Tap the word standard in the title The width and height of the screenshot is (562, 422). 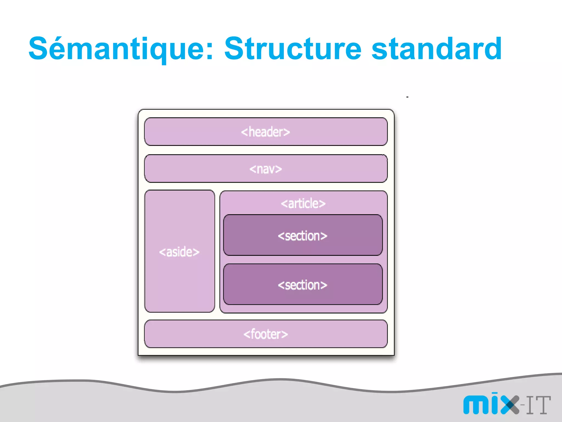[x=436, y=49]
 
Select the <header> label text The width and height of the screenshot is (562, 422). [x=265, y=132]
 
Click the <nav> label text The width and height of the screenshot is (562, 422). [x=265, y=169]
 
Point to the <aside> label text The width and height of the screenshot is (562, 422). [x=179, y=252]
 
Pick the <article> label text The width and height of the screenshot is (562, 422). [x=303, y=204]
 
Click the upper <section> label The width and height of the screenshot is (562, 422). [x=302, y=236]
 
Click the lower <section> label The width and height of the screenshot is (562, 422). [x=302, y=285]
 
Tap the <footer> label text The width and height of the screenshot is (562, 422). [x=265, y=334]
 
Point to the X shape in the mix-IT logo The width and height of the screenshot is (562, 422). [x=510, y=405]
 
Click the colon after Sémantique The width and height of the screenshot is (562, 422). [x=210, y=51]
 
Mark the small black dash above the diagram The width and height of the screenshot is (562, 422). [x=408, y=97]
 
